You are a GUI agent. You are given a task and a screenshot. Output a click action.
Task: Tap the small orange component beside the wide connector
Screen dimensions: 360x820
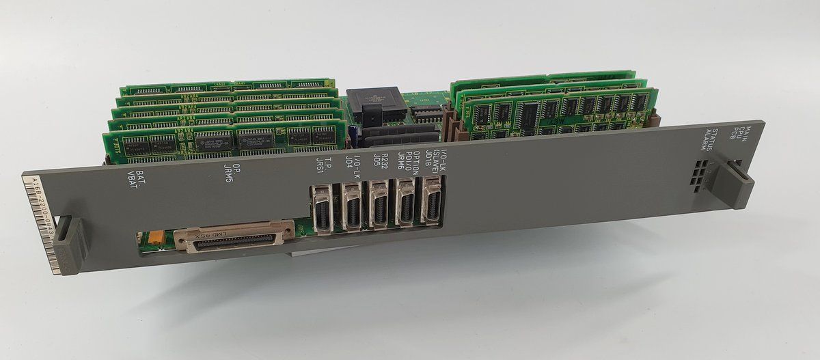pyautogui.click(x=154, y=236)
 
